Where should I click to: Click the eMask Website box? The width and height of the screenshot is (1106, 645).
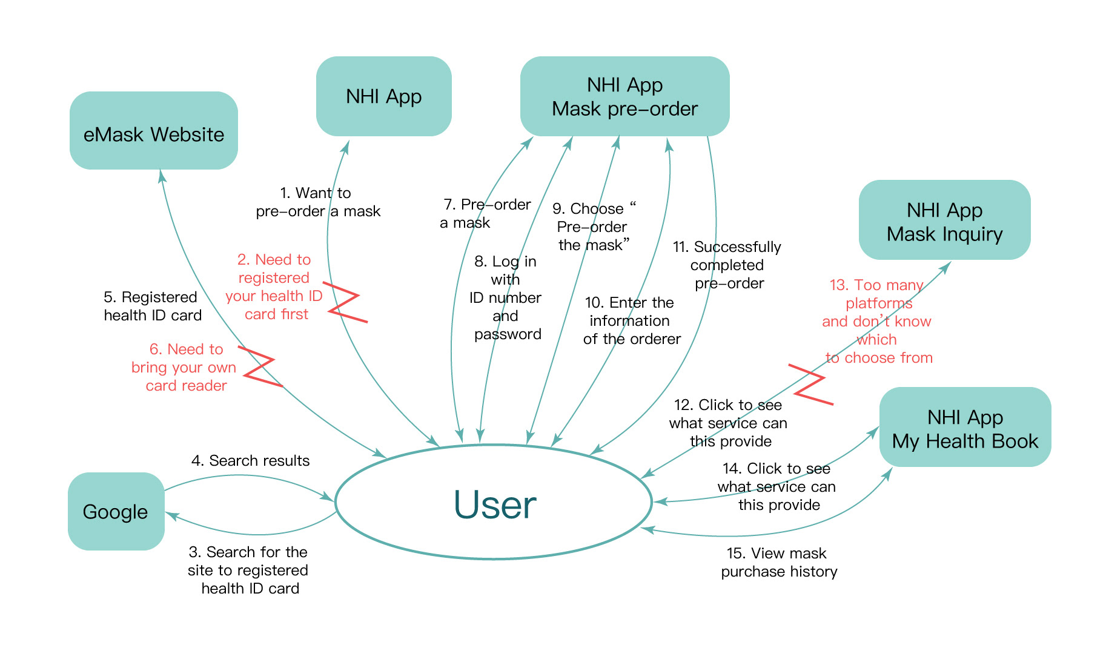tap(153, 131)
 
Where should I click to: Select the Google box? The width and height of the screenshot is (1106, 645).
tap(116, 511)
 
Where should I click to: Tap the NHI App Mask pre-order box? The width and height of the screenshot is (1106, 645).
tap(624, 96)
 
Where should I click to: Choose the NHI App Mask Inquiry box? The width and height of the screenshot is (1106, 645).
tap(944, 220)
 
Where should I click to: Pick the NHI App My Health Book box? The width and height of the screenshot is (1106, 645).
tap(965, 428)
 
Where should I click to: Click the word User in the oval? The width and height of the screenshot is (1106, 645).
tap(495, 504)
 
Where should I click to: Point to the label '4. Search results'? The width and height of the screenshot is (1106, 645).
tap(250, 461)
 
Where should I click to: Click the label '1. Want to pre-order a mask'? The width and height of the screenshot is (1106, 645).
tap(317, 202)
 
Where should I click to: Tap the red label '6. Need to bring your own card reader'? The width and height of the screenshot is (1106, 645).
tap(184, 367)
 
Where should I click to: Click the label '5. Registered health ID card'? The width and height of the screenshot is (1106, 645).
tap(152, 306)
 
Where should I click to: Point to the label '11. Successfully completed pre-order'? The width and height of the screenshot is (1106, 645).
tap(727, 265)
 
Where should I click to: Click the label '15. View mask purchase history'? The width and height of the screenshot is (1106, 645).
tap(778, 562)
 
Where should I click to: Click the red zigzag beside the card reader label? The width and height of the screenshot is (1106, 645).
tap(261, 366)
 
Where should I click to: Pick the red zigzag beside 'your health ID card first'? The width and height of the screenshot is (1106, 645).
tap(344, 302)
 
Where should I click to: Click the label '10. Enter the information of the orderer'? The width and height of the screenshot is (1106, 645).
tap(631, 320)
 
